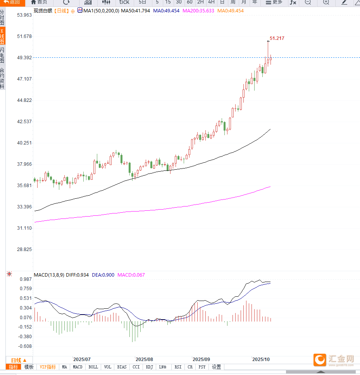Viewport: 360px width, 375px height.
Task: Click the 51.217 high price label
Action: (x=277, y=38)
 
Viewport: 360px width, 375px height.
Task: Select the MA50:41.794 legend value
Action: (x=135, y=11)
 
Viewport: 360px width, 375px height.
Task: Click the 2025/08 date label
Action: (x=145, y=360)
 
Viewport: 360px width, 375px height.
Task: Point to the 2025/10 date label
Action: (x=261, y=360)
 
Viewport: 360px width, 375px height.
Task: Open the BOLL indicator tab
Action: (x=93, y=367)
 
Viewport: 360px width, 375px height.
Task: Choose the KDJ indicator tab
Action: (x=149, y=367)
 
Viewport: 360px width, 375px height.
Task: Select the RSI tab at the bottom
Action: (x=178, y=367)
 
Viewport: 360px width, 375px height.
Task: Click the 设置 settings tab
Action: (x=216, y=367)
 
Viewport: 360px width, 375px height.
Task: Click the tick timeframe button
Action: (x=124, y=2)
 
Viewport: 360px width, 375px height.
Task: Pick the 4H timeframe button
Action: (x=211, y=2)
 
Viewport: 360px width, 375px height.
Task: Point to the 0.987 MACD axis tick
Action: (x=25, y=279)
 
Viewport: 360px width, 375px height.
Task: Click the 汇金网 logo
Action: (x=334, y=360)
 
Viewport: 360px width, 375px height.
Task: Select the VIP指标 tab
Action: (x=48, y=367)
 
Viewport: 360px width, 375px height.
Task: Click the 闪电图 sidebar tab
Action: (x=2, y=55)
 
